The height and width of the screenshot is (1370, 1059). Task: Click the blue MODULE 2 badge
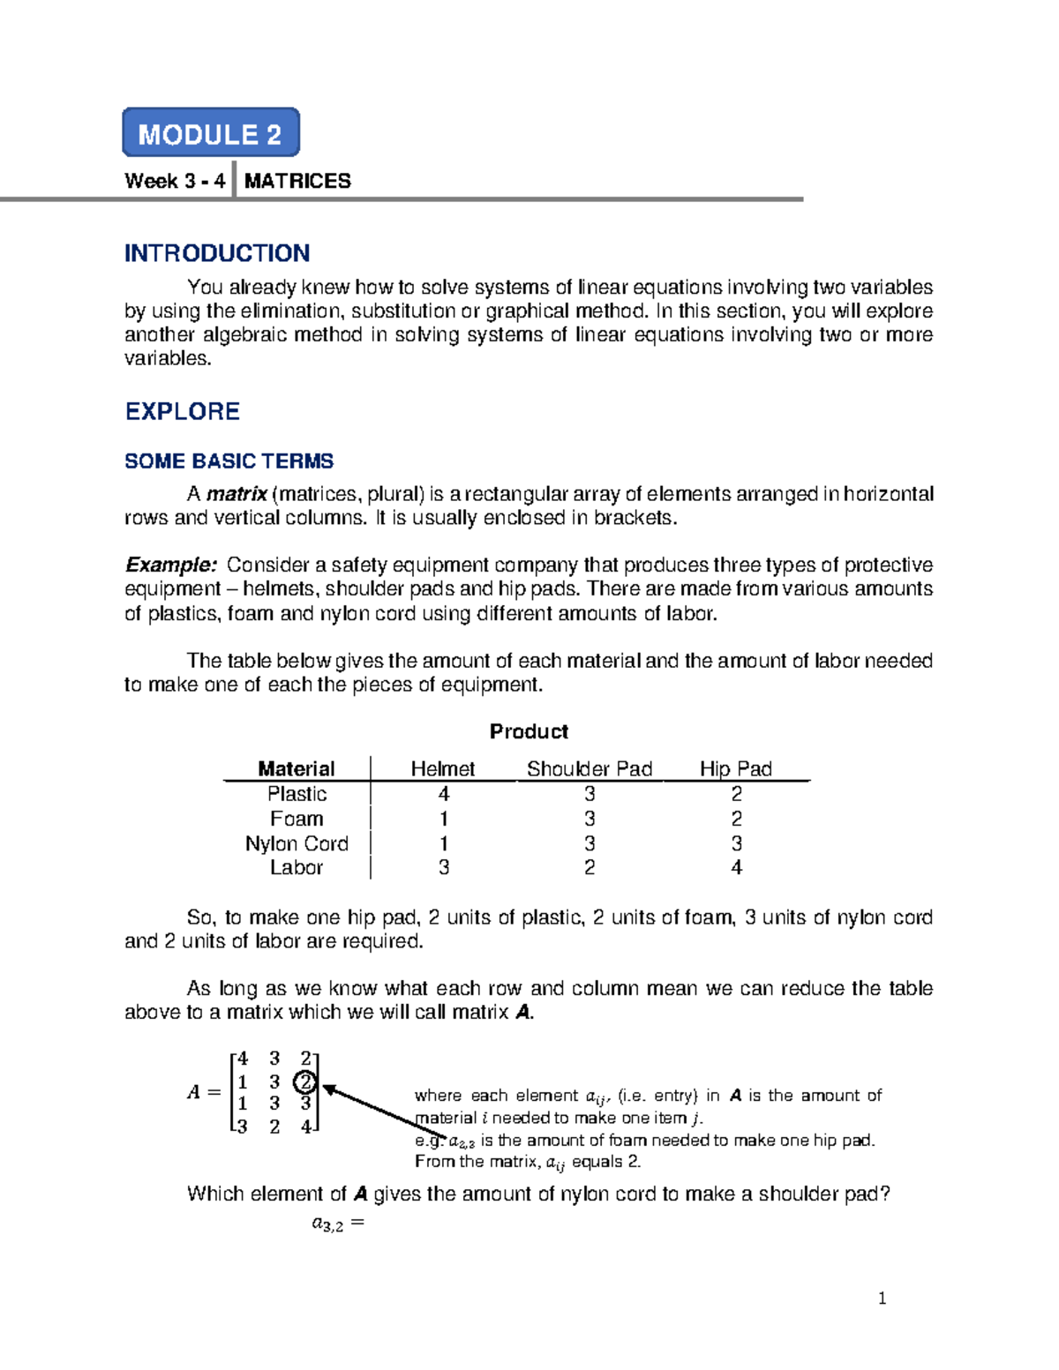pyautogui.click(x=211, y=133)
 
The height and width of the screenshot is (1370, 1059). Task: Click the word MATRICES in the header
pyautogui.click(x=297, y=181)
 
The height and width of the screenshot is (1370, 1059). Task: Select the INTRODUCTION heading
pyautogui.click(x=217, y=253)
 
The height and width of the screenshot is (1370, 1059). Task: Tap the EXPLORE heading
pyautogui.click(x=183, y=411)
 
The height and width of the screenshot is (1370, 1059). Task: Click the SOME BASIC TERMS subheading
pyautogui.click(x=229, y=461)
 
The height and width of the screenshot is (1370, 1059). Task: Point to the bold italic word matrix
pyautogui.click(x=237, y=494)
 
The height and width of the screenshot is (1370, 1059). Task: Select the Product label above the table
pyautogui.click(x=529, y=731)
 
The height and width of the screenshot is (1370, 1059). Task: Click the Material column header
pyautogui.click(x=297, y=768)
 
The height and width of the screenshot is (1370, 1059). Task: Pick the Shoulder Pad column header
pyautogui.click(x=590, y=768)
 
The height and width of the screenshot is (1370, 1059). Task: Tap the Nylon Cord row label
pyautogui.click(x=297, y=843)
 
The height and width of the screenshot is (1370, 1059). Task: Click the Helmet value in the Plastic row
pyautogui.click(x=444, y=794)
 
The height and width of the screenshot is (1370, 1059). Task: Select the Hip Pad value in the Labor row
pyautogui.click(x=737, y=867)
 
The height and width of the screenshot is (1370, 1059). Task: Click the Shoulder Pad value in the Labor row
pyautogui.click(x=590, y=867)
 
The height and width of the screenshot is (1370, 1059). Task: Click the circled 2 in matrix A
pyautogui.click(x=305, y=1082)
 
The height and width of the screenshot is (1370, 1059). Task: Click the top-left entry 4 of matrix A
pyautogui.click(x=243, y=1059)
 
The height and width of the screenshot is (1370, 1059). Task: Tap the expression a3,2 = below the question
pyautogui.click(x=338, y=1224)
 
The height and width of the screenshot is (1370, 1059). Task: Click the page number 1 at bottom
pyautogui.click(x=882, y=1298)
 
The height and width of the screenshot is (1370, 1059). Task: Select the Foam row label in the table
pyautogui.click(x=297, y=819)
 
